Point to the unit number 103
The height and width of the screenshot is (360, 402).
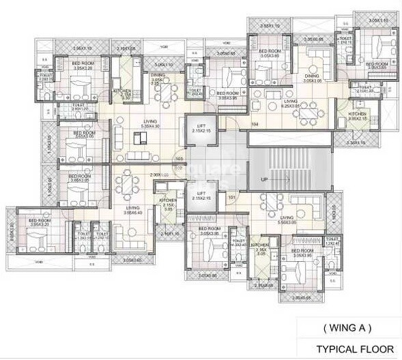click(x=180, y=158)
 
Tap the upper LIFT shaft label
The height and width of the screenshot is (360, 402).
click(x=201, y=127)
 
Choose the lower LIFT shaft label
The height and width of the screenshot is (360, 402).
click(x=201, y=196)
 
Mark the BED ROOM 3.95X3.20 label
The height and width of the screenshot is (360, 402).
click(x=82, y=66)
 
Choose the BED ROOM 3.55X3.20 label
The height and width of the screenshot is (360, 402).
click(x=40, y=223)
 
